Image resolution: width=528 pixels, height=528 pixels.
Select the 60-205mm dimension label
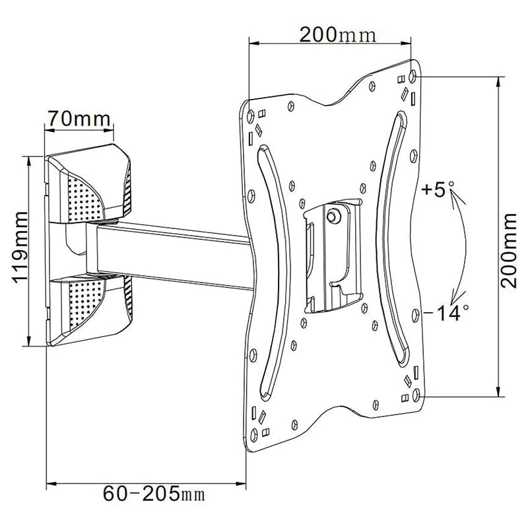click(x=153, y=493)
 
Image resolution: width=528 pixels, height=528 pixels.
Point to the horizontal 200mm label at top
click(x=337, y=34)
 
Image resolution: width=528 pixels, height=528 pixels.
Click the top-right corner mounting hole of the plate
click(x=414, y=75)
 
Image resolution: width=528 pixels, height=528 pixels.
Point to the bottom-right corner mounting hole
click(x=415, y=394)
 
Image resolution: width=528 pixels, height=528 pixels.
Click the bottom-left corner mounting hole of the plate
click(x=251, y=434)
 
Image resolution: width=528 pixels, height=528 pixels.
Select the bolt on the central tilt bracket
click(x=334, y=214)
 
